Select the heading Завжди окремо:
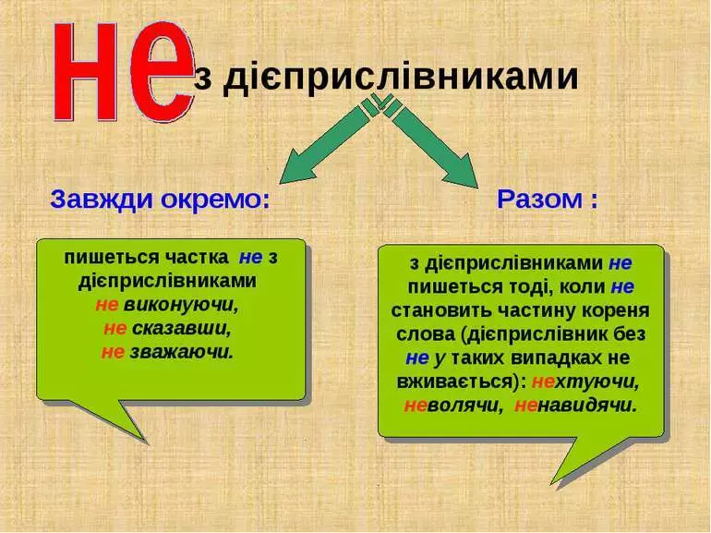click(159, 199)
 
